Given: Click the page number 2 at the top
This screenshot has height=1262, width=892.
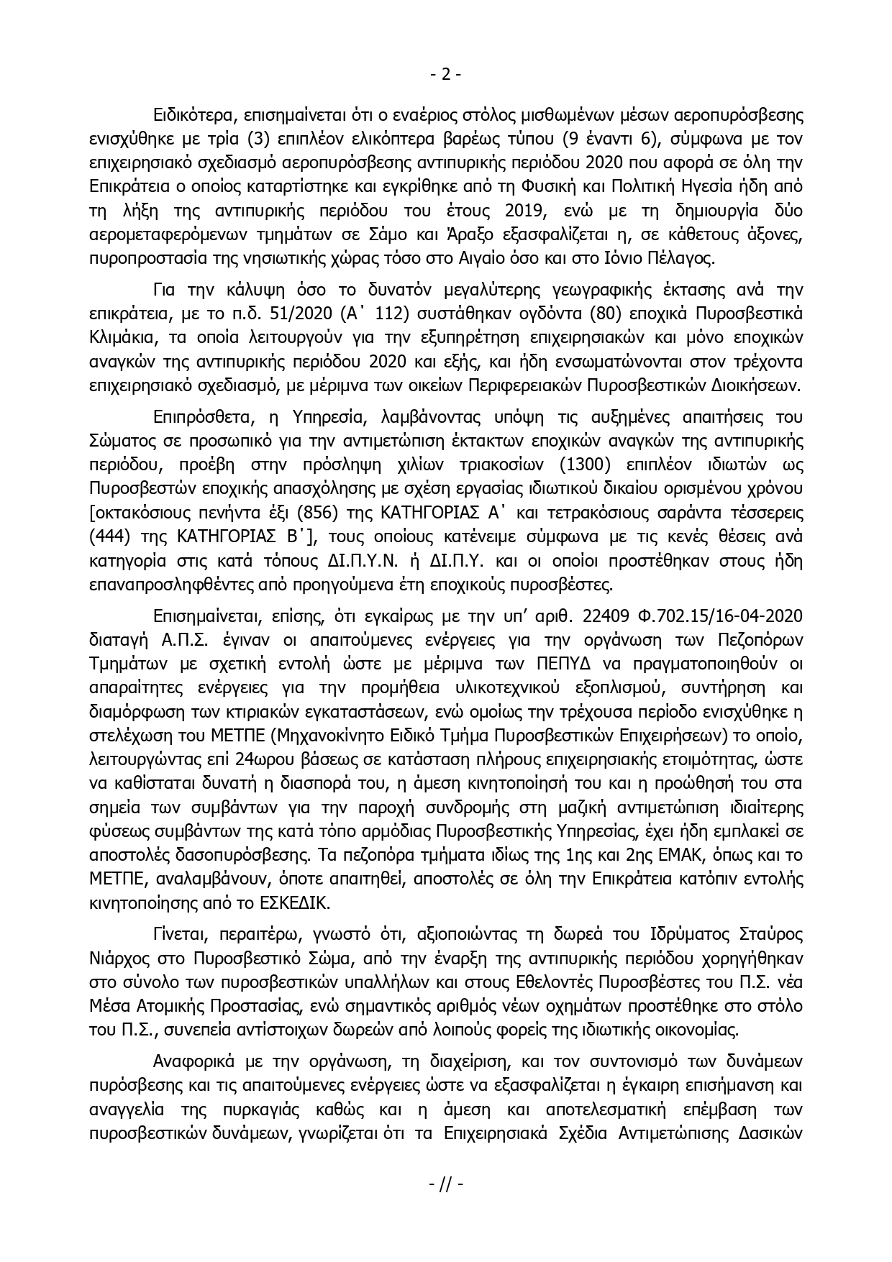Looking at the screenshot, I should tap(445, 73).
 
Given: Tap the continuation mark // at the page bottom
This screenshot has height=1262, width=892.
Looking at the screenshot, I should tap(445, 1184).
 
